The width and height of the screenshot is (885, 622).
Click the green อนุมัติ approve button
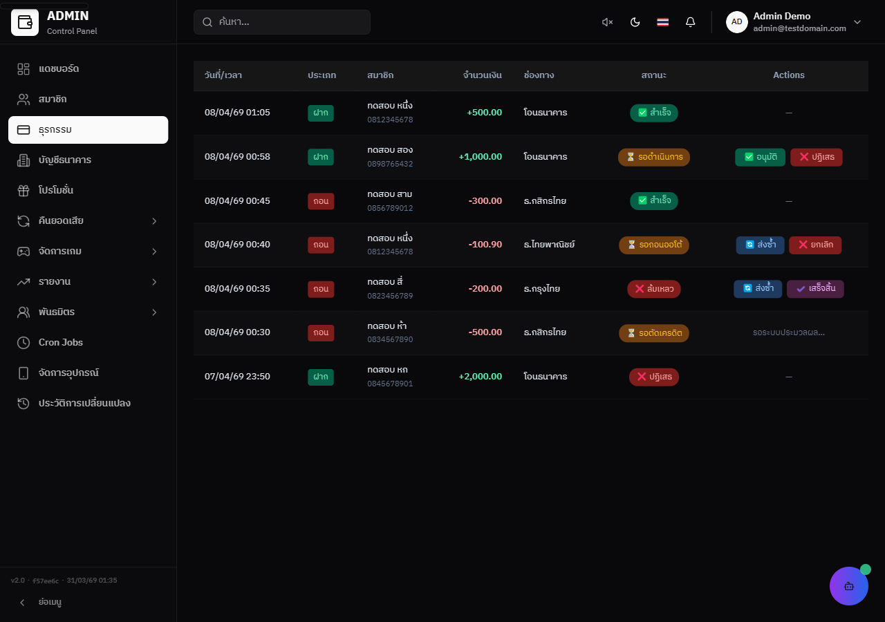point(760,157)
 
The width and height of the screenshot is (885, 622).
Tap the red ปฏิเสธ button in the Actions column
point(817,157)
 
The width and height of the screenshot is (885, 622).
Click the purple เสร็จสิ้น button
point(815,289)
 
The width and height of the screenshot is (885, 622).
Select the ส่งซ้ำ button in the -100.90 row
point(760,245)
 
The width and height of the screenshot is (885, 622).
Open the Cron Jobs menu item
point(60,342)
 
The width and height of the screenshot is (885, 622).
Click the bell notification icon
point(690,22)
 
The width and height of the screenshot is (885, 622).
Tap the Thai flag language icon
point(662,22)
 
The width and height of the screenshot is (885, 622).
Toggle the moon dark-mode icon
point(635,22)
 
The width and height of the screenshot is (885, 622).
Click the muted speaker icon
point(607,22)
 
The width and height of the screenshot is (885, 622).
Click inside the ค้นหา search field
point(282,22)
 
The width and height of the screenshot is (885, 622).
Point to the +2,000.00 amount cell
point(480,377)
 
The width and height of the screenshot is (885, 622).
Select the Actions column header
point(789,75)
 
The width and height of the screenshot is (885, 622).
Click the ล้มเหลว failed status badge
point(654,289)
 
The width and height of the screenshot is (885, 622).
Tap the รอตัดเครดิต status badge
point(654,333)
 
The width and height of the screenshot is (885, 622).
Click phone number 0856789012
point(390,208)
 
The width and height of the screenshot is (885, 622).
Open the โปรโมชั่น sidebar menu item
point(56,190)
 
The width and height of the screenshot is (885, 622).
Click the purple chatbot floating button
point(848,586)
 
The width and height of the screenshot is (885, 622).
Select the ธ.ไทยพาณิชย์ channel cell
point(549,245)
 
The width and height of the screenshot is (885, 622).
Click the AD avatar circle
point(736,22)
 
